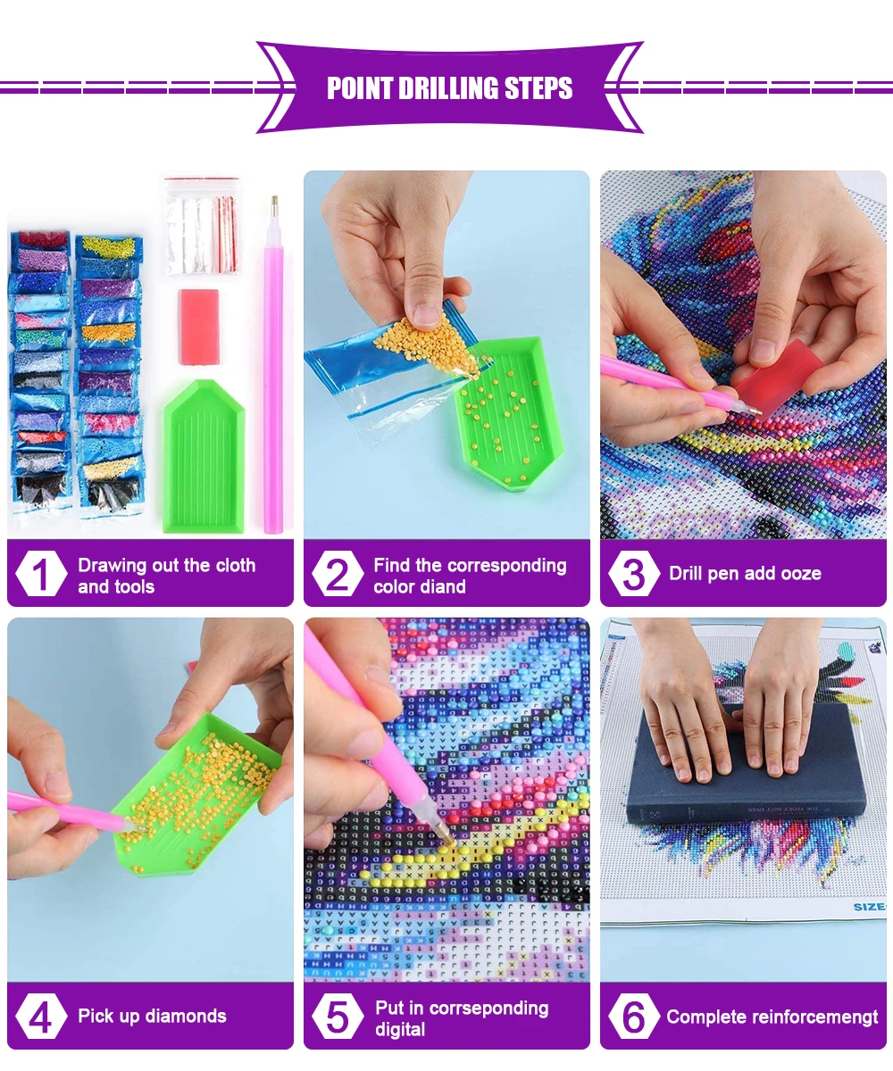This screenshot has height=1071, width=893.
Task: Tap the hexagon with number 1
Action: tap(41, 574)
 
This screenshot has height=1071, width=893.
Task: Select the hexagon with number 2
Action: tap(338, 574)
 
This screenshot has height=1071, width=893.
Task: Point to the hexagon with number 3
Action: tap(634, 574)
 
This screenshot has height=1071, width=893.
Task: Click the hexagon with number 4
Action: tap(41, 1017)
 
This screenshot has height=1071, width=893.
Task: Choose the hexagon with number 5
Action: tap(338, 1017)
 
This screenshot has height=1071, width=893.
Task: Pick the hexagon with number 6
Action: tap(634, 1017)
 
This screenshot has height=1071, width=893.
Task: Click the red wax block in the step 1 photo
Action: tap(199, 327)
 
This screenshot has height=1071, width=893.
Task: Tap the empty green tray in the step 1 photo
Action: tap(204, 455)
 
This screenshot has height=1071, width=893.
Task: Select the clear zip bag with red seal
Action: tap(202, 226)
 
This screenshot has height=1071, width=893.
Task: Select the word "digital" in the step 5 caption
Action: tap(400, 1030)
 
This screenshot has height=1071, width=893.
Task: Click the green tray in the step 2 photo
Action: tap(508, 413)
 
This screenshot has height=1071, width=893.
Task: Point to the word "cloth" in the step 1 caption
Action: tap(235, 565)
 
